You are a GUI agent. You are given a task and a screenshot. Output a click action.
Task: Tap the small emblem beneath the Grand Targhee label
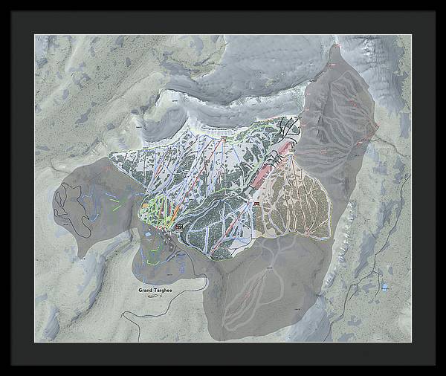(153, 296)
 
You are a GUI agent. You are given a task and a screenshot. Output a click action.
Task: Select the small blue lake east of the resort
(384, 286)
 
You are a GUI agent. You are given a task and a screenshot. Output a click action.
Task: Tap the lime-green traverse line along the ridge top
(245, 134)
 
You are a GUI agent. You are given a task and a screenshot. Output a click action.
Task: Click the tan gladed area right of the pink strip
(301, 197)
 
